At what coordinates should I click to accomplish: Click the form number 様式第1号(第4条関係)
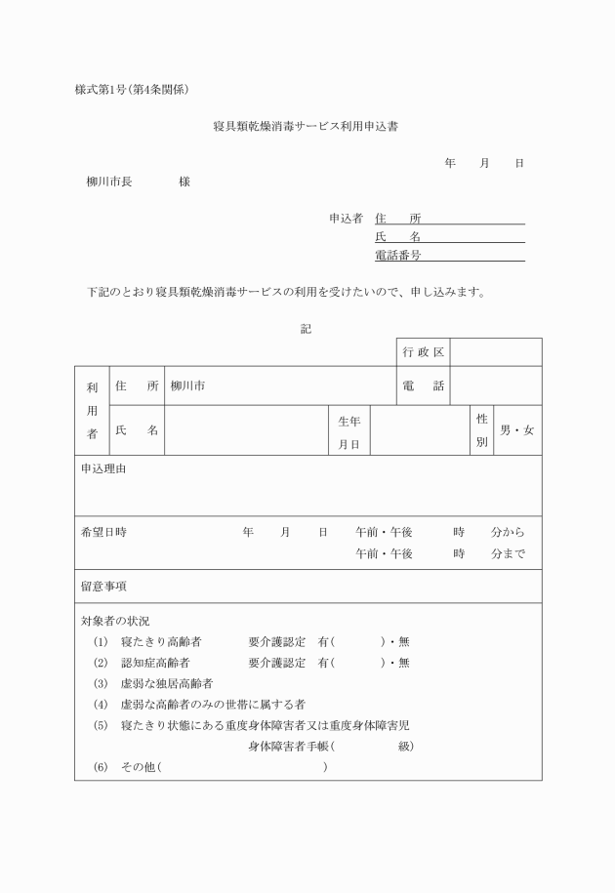point(131,90)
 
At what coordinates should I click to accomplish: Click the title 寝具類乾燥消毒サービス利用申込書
point(307,127)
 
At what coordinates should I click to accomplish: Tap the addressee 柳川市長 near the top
point(109,183)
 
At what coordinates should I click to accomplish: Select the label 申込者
point(346,219)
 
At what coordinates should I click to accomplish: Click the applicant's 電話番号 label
point(398,256)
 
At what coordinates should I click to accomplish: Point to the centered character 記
point(306,329)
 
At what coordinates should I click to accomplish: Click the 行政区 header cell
point(423,351)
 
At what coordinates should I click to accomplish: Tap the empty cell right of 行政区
point(495,351)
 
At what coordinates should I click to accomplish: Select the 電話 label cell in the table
point(423,386)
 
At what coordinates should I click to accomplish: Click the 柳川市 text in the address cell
point(187,386)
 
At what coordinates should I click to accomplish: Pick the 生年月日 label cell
point(348,430)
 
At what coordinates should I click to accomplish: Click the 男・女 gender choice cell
point(516,430)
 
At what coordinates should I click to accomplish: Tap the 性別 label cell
point(481,430)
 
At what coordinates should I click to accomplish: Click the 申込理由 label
point(103,469)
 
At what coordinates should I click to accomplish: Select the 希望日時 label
point(103,532)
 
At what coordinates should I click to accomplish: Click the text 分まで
point(508,553)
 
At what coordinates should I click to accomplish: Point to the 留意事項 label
point(103,587)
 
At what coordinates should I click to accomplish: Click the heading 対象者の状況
point(115,620)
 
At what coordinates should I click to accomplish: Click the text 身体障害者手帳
point(289,747)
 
